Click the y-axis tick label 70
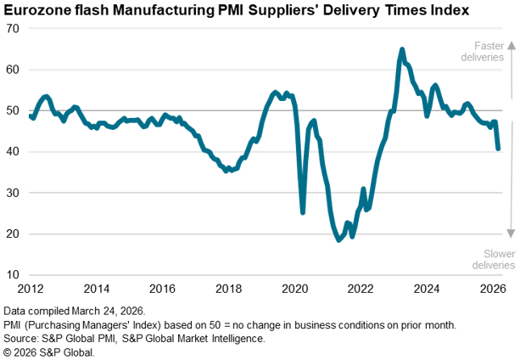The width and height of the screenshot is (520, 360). point(14,28)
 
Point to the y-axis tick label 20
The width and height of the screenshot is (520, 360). point(14,234)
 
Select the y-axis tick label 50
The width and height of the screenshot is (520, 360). point(14,110)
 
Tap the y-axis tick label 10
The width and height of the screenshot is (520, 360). point(14,275)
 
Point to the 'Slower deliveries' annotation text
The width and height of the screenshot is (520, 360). point(488,259)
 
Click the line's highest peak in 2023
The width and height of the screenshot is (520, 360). point(402,49)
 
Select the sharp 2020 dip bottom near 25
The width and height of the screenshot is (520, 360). point(303,212)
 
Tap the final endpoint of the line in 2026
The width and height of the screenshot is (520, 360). point(499,149)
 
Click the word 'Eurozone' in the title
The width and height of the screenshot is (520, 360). point(38,10)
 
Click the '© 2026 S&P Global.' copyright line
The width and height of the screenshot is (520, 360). point(49,351)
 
